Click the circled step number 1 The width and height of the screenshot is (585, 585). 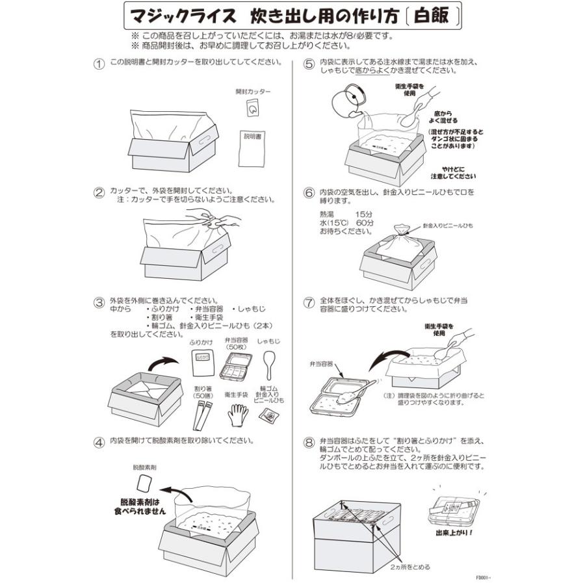pyautogui.click(x=99, y=64)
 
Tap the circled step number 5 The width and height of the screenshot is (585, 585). pyautogui.click(x=309, y=64)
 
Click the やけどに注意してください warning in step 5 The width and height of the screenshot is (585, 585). pyautogui.click(x=453, y=172)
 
